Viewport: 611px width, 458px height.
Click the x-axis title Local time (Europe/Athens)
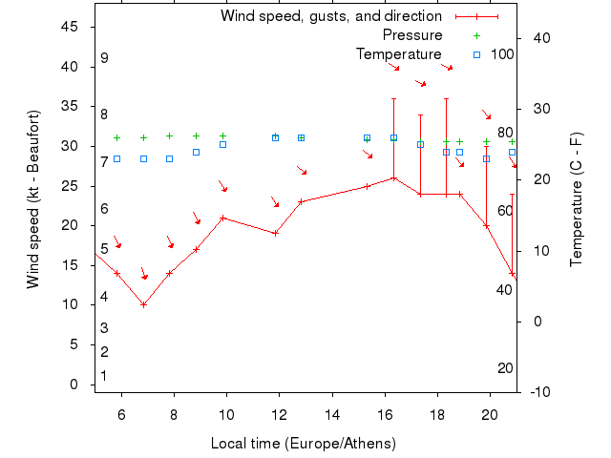(x=303, y=444)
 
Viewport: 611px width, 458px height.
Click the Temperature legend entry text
(x=399, y=54)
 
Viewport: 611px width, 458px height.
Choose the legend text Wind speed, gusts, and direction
(x=331, y=16)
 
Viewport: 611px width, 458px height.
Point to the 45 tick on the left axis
(x=70, y=27)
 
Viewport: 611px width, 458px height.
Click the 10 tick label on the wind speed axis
(x=70, y=304)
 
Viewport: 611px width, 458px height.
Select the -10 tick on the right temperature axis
(x=538, y=391)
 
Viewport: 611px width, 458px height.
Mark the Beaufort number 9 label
(x=104, y=58)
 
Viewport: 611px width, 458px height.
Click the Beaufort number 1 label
(x=104, y=376)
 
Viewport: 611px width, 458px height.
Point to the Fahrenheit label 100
(x=502, y=53)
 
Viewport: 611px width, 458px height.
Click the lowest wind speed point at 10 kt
(x=143, y=304)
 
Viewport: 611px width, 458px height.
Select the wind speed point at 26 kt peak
(x=393, y=177)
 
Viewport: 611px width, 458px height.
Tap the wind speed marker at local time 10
(x=222, y=218)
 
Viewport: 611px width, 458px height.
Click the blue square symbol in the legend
(x=476, y=54)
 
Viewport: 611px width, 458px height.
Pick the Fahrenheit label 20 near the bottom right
(x=506, y=368)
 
